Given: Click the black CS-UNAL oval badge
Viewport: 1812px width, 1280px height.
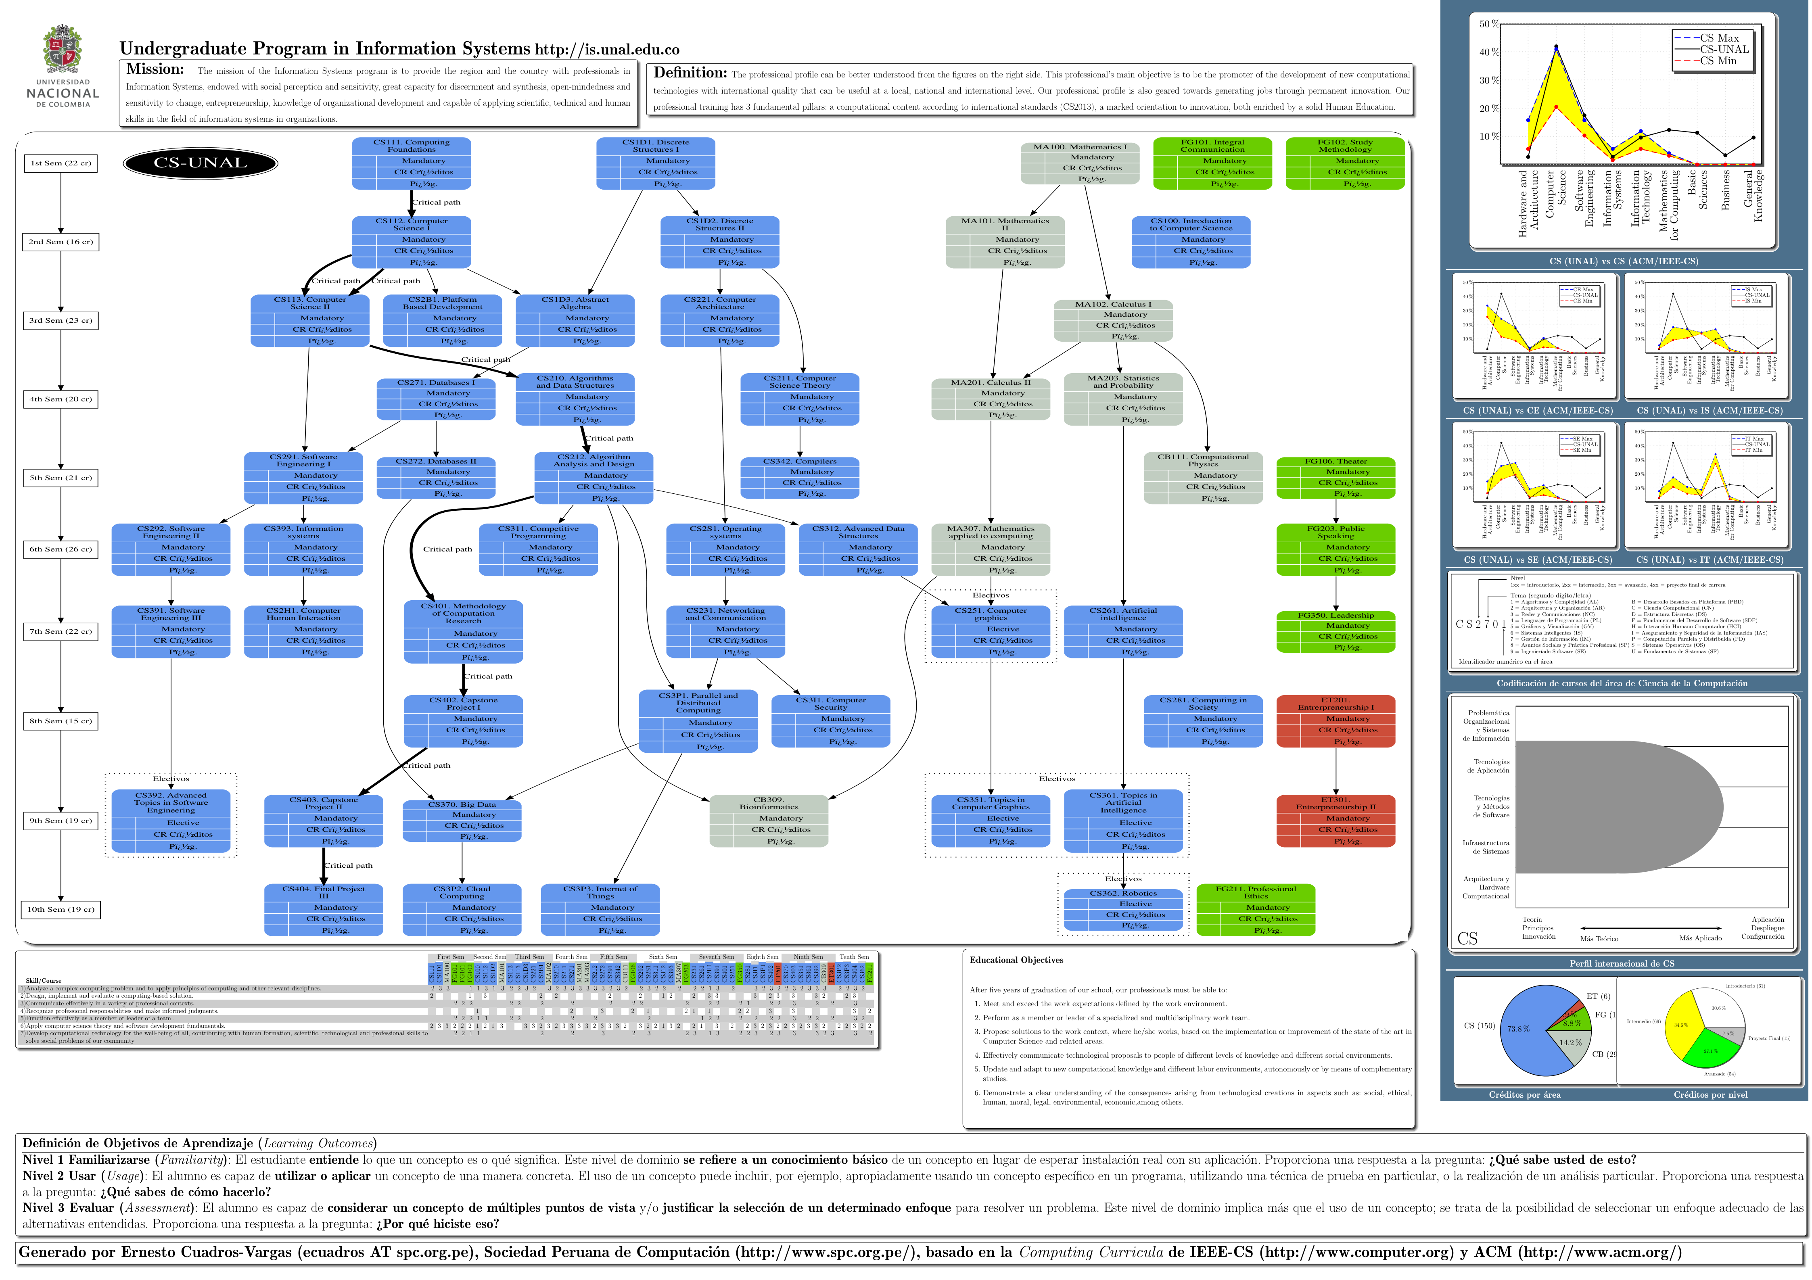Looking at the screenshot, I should tap(201, 163).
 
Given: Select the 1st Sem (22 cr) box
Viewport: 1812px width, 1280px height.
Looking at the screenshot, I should tap(61, 163).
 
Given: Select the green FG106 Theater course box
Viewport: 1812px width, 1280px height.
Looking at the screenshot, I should tap(1335, 478).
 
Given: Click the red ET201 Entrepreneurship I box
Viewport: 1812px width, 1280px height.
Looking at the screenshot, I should tap(1335, 720).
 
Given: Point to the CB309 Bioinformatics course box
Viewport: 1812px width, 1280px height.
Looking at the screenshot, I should tap(769, 821).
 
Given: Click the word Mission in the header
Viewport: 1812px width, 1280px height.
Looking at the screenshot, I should tap(155, 69).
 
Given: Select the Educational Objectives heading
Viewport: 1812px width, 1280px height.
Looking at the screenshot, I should tap(1016, 961).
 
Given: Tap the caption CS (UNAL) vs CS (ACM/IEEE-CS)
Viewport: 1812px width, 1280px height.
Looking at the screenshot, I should tap(1624, 261).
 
